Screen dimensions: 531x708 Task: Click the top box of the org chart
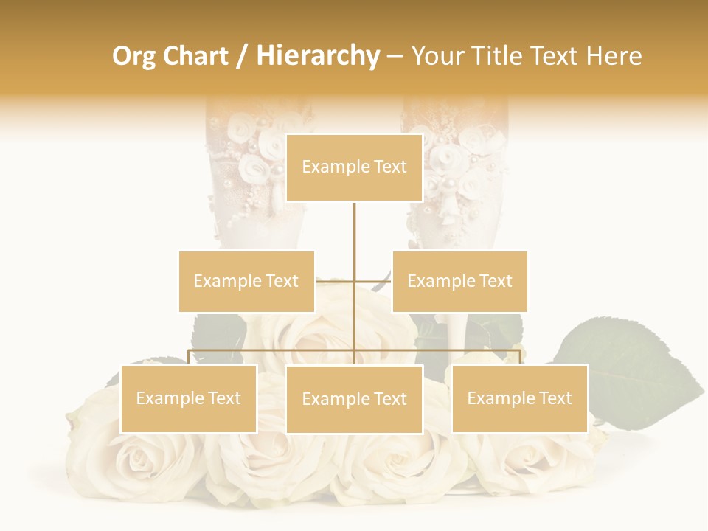coord(354,167)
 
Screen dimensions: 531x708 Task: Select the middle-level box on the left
coord(246,281)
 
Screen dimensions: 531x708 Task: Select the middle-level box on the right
coord(459,281)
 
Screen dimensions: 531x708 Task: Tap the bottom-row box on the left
coord(188,398)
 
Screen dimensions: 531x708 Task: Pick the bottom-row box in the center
coord(354,399)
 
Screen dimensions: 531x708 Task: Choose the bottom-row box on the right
coord(519,398)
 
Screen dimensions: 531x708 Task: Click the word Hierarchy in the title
coord(318,55)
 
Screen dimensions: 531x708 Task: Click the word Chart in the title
coord(197,55)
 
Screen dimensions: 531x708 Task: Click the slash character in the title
coord(242,56)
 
